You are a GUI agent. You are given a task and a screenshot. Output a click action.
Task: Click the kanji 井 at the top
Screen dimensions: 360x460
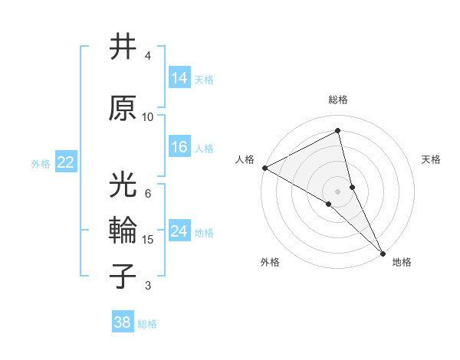[x=123, y=47]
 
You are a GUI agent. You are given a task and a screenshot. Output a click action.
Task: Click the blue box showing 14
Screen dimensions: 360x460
[x=179, y=78]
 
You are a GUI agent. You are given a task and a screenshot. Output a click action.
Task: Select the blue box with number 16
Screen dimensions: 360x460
[x=179, y=147]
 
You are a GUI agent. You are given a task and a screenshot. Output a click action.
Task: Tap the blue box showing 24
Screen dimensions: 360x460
[x=179, y=231]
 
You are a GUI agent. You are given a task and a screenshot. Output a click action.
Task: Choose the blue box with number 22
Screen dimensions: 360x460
[x=66, y=162]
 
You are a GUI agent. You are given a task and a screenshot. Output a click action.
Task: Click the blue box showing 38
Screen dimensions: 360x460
[x=123, y=322]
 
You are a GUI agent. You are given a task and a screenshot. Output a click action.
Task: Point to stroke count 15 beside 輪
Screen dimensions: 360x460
[x=148, y=240]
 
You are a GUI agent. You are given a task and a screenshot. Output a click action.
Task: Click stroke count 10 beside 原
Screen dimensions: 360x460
[x=148, y=116]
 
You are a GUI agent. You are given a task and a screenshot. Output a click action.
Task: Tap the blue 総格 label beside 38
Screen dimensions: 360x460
[x=147, y=324]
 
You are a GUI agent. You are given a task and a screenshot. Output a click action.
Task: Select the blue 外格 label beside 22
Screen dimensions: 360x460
[x=41, y=163]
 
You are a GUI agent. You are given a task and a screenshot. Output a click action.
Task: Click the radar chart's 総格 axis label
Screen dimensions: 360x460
[x=338, y=100]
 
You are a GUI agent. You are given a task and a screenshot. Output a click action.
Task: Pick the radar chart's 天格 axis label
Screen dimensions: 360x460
[x=432, y=159]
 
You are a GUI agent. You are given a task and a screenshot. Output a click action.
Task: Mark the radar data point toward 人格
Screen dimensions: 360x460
[x=264, y=168]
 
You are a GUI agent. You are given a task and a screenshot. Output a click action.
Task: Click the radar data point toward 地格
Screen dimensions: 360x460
[x=383, y=252]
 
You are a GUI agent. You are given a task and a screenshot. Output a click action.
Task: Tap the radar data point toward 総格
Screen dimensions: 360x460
[x=338, y=131]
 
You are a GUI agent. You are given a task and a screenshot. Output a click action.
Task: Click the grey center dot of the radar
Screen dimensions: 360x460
[x=338, y=191]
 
